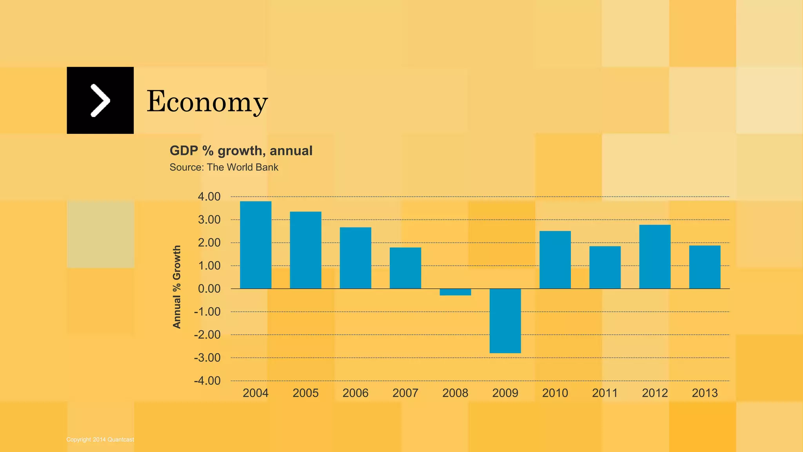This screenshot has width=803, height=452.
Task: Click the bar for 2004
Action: tap(256, 245)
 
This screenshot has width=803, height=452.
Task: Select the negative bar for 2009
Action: tap(505, 321)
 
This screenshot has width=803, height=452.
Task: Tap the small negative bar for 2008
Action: tap(455, 292)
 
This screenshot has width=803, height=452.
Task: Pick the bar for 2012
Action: tap(655, 257)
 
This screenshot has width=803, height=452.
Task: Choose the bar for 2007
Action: tap(405, 268)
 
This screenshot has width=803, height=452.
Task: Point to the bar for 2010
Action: tap(555, 260)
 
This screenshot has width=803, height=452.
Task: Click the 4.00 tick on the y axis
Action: tap(209, 197)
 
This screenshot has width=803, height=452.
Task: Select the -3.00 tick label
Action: tap(207, 358)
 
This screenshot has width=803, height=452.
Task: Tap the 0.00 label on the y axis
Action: tap(209, 289)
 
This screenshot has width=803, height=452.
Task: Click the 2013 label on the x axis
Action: tap(705, 393)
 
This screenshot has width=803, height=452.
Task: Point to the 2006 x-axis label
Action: tap(355, 393)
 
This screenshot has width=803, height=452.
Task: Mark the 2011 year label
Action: tap(605, 393)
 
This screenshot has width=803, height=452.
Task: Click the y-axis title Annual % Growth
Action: tap(177, 287)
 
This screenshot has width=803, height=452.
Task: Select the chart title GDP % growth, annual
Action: tap(241, 151)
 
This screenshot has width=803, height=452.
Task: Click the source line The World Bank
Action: tap(224, 167)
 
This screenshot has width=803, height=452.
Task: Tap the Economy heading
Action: tap(207, 101)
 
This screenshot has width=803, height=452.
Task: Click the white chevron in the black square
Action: tap(100, 100)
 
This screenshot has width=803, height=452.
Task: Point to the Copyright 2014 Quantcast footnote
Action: tap(100, 439)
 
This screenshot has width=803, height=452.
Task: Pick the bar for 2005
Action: tap(305, 250)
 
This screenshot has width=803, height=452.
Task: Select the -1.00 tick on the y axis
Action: tap(207, 312)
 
